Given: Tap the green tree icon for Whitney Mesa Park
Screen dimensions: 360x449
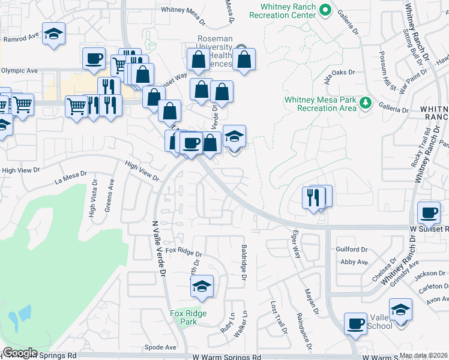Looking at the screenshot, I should click(x=364, y=104).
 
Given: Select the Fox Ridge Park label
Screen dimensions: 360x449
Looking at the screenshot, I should click(x=188, y=317).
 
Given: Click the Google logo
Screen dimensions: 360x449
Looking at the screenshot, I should click(x=19, y=353).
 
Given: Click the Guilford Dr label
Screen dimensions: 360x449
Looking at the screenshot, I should click(x=352, y=249).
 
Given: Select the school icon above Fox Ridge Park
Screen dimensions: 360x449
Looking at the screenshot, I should click(x=202, y=286).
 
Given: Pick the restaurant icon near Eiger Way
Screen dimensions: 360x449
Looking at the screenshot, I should click(x=313, y=197).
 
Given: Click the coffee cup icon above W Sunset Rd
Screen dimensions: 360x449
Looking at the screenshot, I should click(x=429, y=213).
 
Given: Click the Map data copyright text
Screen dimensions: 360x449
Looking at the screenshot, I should click(x=423, y=355).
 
